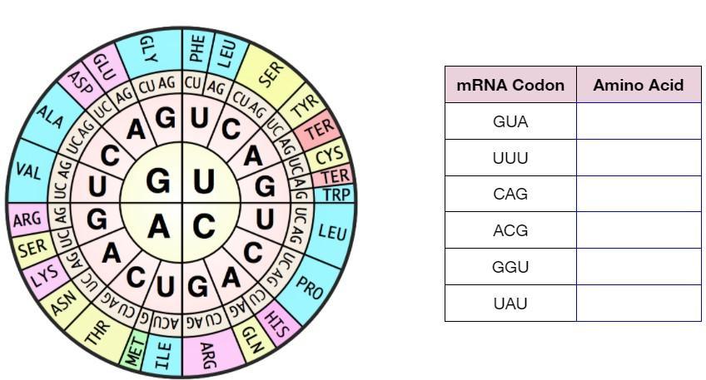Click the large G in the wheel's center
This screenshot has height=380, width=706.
(158, 180)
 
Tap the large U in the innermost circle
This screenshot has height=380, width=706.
(203, 180)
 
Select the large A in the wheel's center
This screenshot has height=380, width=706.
(158, 225)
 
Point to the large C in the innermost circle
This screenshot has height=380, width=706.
(204, 225)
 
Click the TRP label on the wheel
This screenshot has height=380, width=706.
(336, 195)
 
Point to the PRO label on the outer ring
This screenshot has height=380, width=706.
(310, 287)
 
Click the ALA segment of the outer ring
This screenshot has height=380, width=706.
(49, 118)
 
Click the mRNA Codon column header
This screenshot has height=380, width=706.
(510, 85)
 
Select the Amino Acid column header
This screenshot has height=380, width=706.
(638, 85)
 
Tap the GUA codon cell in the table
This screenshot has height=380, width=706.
(510, 121)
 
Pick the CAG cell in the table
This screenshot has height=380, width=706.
(510, 194)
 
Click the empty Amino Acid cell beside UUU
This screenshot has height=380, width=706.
(638, 158)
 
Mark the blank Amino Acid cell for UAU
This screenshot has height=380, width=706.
(638, 304)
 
